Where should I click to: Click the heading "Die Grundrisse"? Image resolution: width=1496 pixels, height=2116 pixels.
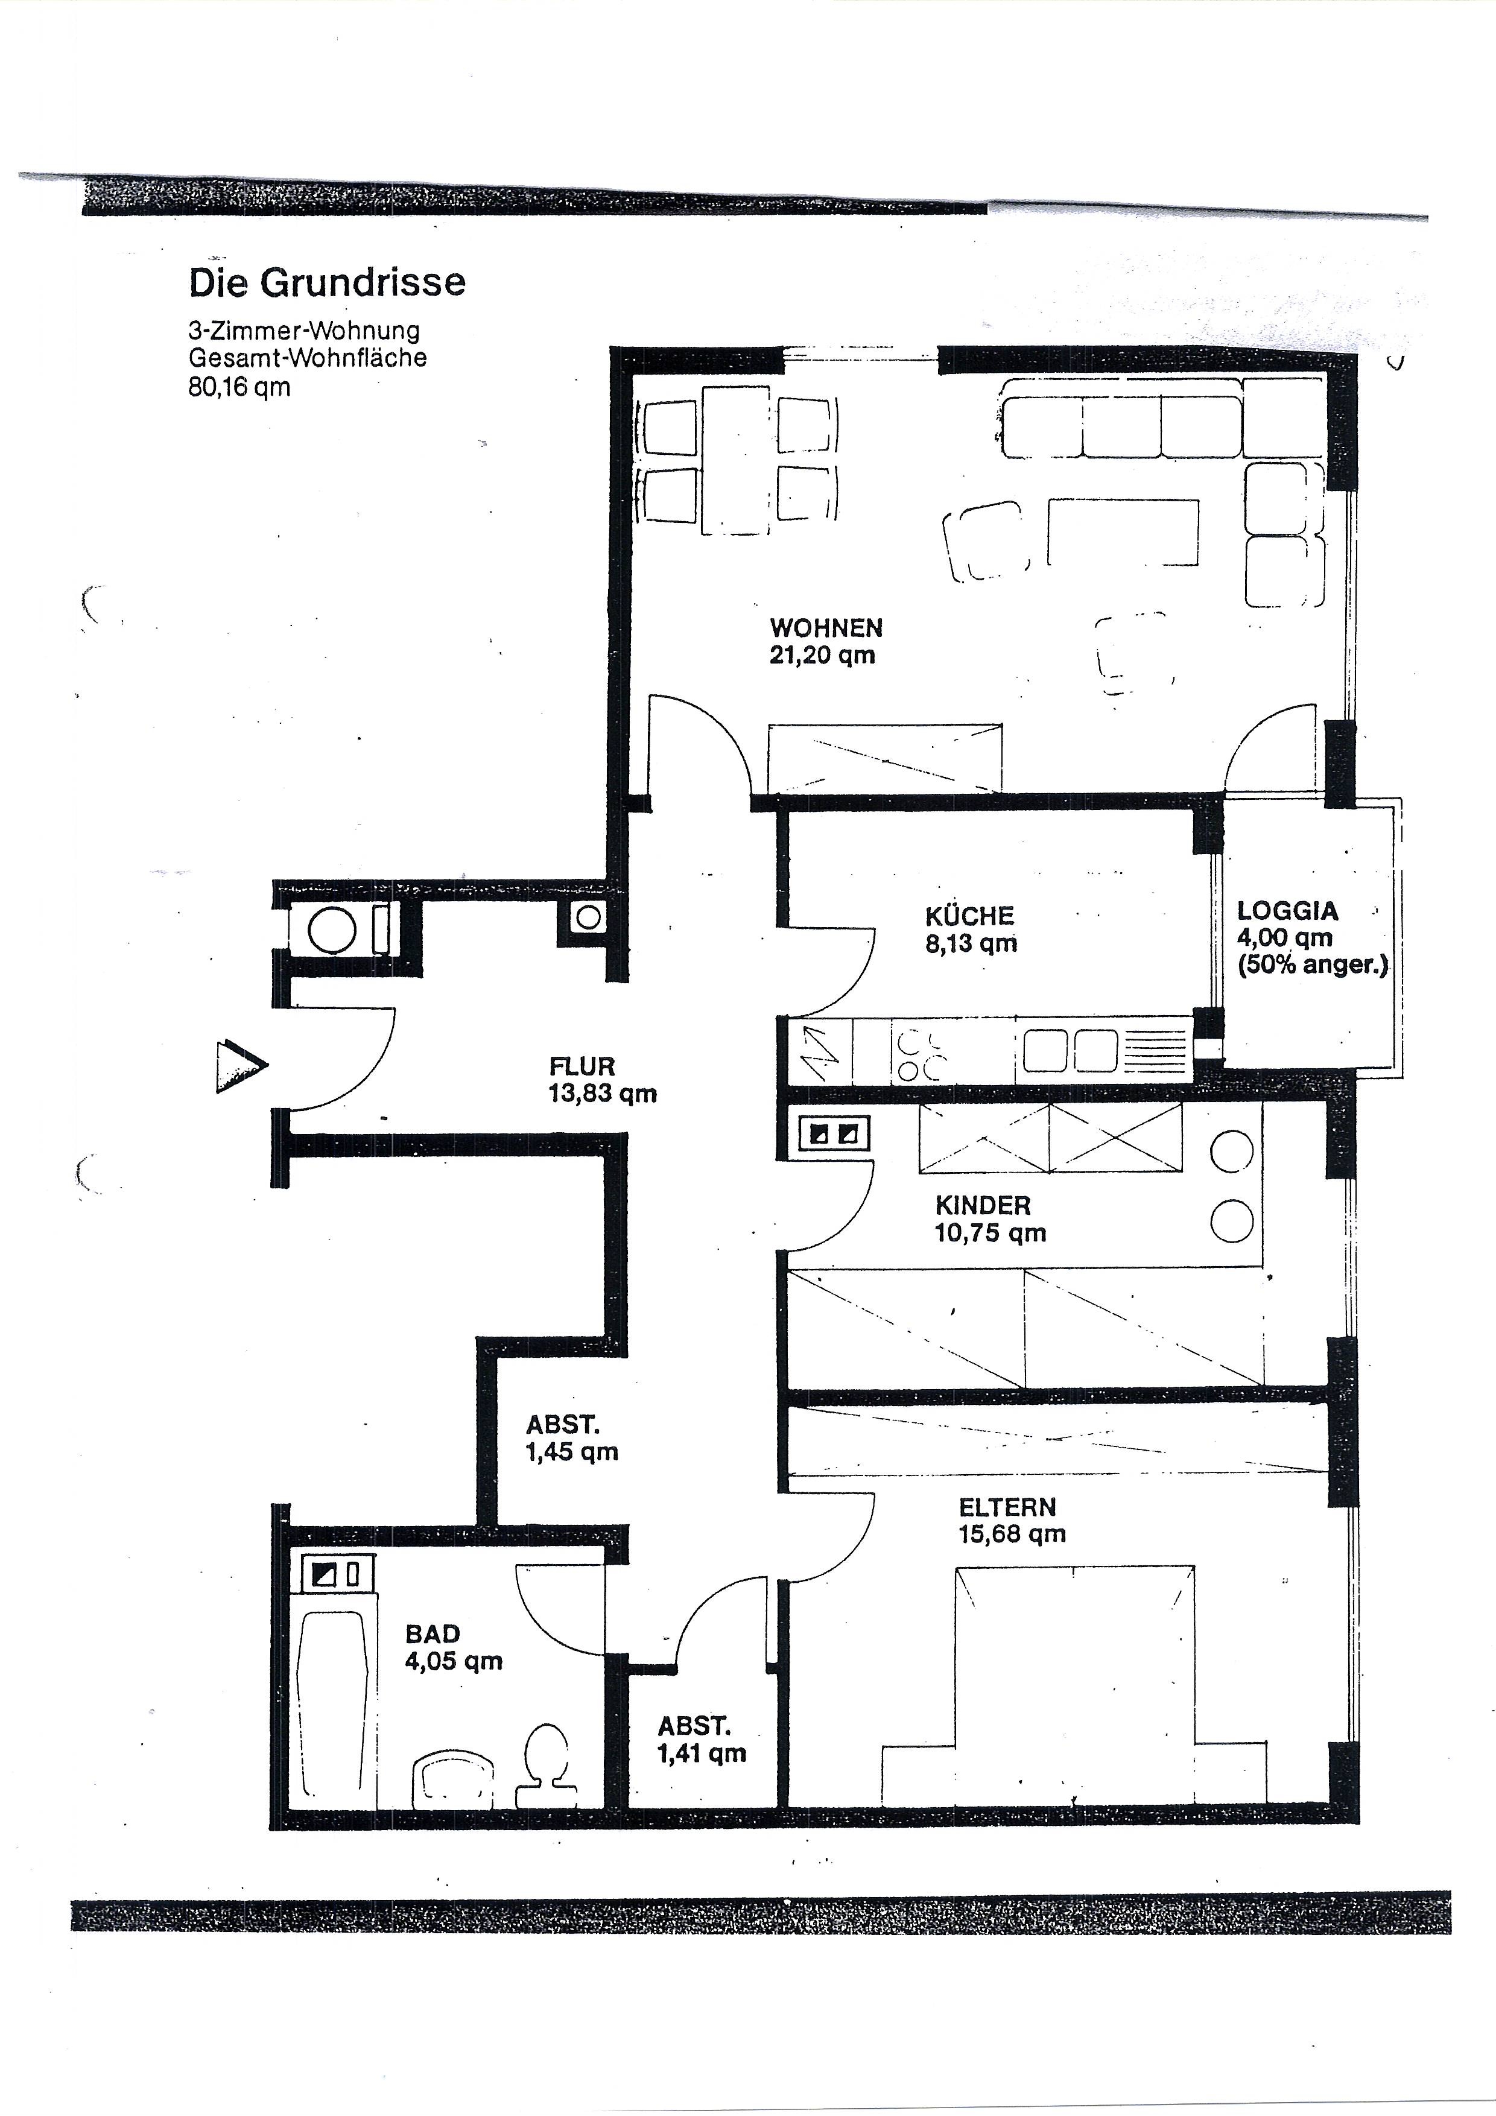pos(327,283)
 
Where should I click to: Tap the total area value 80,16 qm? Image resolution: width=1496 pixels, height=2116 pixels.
pos(239,387)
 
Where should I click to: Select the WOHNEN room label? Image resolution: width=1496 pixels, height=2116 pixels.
pos(826,629)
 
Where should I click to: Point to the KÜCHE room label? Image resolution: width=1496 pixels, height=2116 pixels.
pos(969,916)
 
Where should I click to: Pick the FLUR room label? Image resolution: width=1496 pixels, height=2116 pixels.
pos(582,1067)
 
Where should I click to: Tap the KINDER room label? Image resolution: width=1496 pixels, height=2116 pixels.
pos(983,1205)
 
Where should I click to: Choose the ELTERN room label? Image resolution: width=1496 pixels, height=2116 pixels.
pos(1007,1508)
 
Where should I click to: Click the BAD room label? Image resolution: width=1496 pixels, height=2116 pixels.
pos(433,1635)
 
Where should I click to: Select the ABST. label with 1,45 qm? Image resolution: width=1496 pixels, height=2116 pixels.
pos(563,1425)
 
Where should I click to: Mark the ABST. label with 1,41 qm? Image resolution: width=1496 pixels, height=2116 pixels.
pos(694,1726)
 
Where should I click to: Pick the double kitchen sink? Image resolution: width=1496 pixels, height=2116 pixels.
pos(1070,1051)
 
